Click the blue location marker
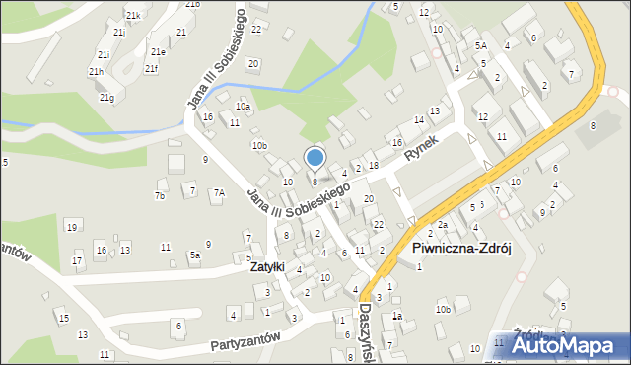pos(315,157)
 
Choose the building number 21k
pos(133,16)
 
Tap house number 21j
pos(118,33)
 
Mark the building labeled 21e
pos(158,51)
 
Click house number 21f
pos(150,68)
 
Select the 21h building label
pos(96,72)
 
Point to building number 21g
pos(106,97)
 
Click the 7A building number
pos(220,193)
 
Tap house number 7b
pos(159,196)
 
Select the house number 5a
pos(195,255)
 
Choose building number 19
pos(71,228)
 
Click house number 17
pos(78,261)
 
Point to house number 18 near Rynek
pos(373,164)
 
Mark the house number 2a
pos(444,226)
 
